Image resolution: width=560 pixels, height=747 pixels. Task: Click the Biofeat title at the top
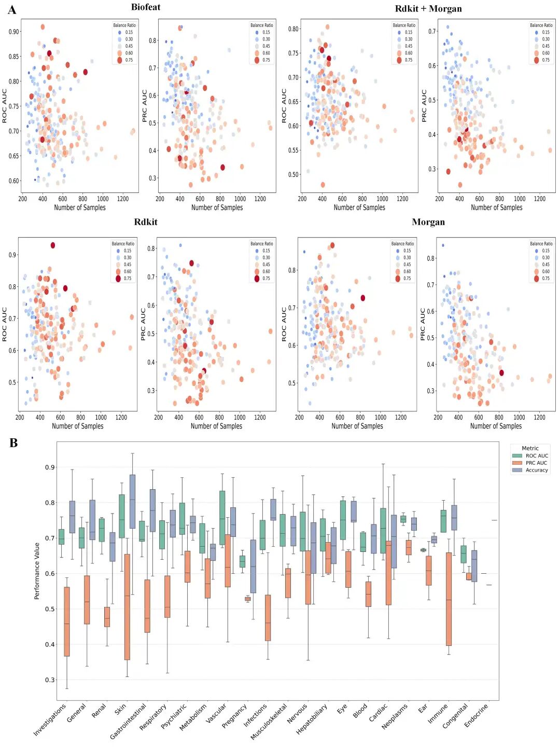pyautogui.click(x=146, y=7)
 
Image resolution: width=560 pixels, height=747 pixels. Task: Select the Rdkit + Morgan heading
pyautogui.click(x=428, y=9)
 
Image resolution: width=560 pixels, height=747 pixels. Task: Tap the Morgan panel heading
pyautogui.click(x=428, y=222)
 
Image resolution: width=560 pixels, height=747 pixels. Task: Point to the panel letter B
pyautogui.click(x=13, y=443)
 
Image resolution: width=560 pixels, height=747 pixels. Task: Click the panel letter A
pyautogui.click(x=12, y=10)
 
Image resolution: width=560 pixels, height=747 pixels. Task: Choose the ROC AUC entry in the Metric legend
pyautogui.click(x=536, y=456)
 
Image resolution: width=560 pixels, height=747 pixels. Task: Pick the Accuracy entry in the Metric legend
pyautogui.click(x=536, y=471)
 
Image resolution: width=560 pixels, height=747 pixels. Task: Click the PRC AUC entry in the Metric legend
pyautogui.click(x=536, y=463)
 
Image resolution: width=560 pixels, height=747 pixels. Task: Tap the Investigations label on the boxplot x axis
pyautogui.click(x=50, y=719)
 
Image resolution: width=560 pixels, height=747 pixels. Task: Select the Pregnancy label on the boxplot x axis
pyautogui.click(x=234, y=716)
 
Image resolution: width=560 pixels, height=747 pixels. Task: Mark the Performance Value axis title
pyautogui.click(x=37, y=571)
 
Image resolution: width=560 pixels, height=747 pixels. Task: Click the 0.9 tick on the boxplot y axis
pyautogui.click(x=50, y=467)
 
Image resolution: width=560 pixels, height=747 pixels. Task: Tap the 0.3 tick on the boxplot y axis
pyautogui.click(x=50, y=680)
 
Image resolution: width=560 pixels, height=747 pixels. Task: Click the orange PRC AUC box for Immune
pyautogui.click(x=449, y=599)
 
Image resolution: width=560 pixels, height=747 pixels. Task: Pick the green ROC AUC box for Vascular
pyautogui.click(x=222, y=518)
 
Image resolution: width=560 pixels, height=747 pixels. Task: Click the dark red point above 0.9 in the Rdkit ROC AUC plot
pyautogui.click(x=53, y=245)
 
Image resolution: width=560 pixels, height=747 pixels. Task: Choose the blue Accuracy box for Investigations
pyautogui.click(x=72, y=517)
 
